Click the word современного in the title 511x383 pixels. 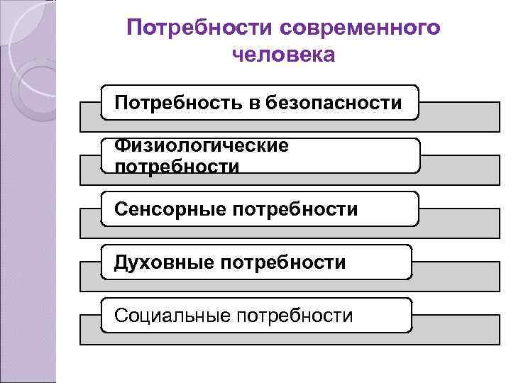coord(359,28)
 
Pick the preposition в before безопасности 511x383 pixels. coord(254,103)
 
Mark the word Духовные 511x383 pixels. coord(163,262)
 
